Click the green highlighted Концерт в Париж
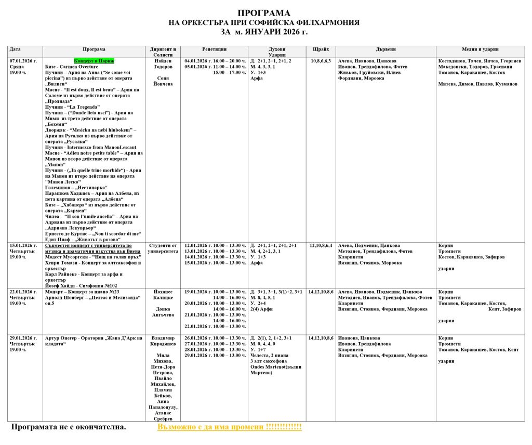[x=94, y=61]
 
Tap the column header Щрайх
[x=321, y=49]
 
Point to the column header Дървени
[x=385, y=49]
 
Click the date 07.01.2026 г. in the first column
[x=23, y=61]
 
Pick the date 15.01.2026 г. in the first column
[x=23, y=245]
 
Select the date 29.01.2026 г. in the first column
[x=23, y=338]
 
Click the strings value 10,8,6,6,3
[x=321, y=61]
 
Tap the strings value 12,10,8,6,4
[x=321, y=245]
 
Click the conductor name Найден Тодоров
[x=163, y=64]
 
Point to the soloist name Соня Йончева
[x=163, y=81]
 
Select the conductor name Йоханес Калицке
[x=163, y=295]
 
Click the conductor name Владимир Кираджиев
[x=163, y=341]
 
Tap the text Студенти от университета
[x=163, y=248]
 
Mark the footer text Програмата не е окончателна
[x=69, y=427]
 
